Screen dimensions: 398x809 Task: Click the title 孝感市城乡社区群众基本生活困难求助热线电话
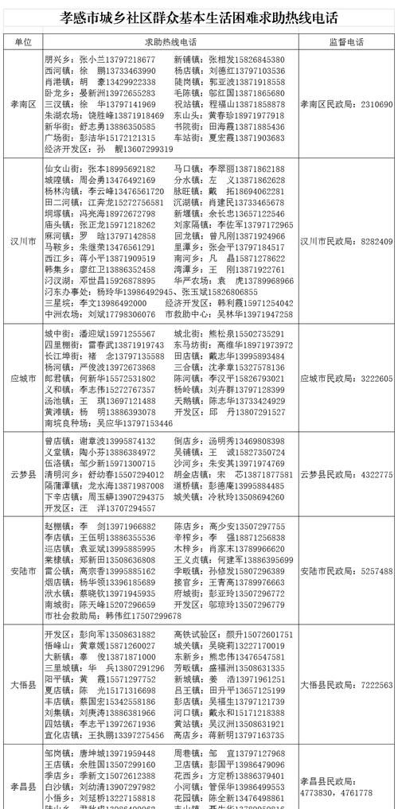[199, 17]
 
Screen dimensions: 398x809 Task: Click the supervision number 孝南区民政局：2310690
[346, 104]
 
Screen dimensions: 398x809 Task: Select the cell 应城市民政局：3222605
[346, 379]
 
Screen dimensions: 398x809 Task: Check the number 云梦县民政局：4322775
[346, 475]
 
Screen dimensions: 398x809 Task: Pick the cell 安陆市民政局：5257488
[346, 571]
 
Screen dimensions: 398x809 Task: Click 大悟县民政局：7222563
[346, 685]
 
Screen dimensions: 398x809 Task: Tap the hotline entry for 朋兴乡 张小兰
[100, 60]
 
